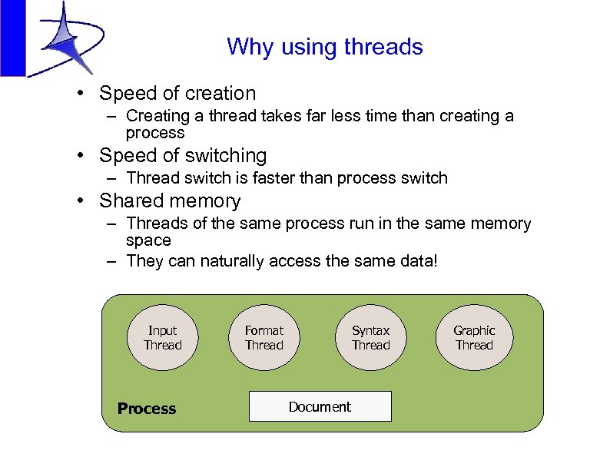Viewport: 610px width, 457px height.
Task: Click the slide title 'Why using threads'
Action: (x=324, y=47)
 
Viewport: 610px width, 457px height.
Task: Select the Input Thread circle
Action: (x=163, y=338)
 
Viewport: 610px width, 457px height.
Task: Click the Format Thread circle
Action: (x=264, y=338)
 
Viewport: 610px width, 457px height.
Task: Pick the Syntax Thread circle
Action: (x=370, y=338)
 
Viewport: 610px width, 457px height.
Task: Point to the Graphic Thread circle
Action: (x=474, y=338)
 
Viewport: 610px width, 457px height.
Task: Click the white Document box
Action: (x=320, y=406)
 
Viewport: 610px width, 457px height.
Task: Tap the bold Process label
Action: (x=147, y=409)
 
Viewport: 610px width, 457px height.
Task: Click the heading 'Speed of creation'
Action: (x=177, y=94)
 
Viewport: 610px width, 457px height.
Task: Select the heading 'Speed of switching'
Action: (x=183, y=155)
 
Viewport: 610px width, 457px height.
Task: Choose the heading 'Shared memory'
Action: (x=170, y=201)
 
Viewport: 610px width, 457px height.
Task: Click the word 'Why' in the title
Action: (x=247, y=47)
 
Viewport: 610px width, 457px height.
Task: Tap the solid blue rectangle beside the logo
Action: (x=12, y=38)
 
